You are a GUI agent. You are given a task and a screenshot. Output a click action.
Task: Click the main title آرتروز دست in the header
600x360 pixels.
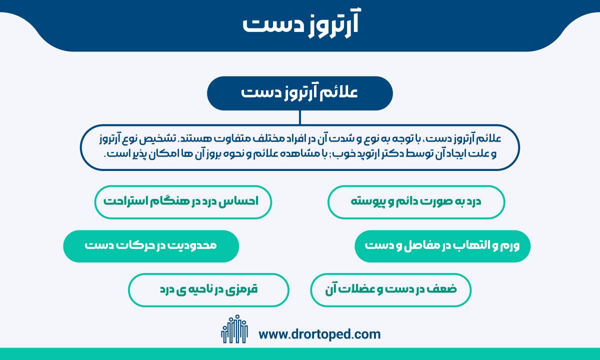(x=300, y=24)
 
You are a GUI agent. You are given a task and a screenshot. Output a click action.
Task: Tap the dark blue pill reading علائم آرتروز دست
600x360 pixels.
(x=300, y=93)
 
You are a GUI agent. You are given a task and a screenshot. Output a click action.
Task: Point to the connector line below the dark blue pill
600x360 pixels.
(x=299, y=117)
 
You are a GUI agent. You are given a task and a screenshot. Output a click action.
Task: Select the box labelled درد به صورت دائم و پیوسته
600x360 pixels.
(x=416, y=202)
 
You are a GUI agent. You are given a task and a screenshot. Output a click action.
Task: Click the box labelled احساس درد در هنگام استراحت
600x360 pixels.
(x=183, y=202)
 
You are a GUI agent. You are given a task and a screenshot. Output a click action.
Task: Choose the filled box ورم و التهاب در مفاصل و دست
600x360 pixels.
(x=442, y=246)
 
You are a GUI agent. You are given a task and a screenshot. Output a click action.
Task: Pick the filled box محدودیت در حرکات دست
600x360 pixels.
(x=151, y=246)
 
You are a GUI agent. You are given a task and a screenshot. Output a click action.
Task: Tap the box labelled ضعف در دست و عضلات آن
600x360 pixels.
(x=391, y=290)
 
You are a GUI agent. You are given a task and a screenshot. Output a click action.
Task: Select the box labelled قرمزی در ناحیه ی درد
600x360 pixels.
(x=208, y=290)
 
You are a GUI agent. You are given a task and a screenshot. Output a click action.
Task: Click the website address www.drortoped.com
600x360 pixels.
(x=319, y=334)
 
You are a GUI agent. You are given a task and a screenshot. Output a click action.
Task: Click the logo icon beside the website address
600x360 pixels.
(x=234, y=329)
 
